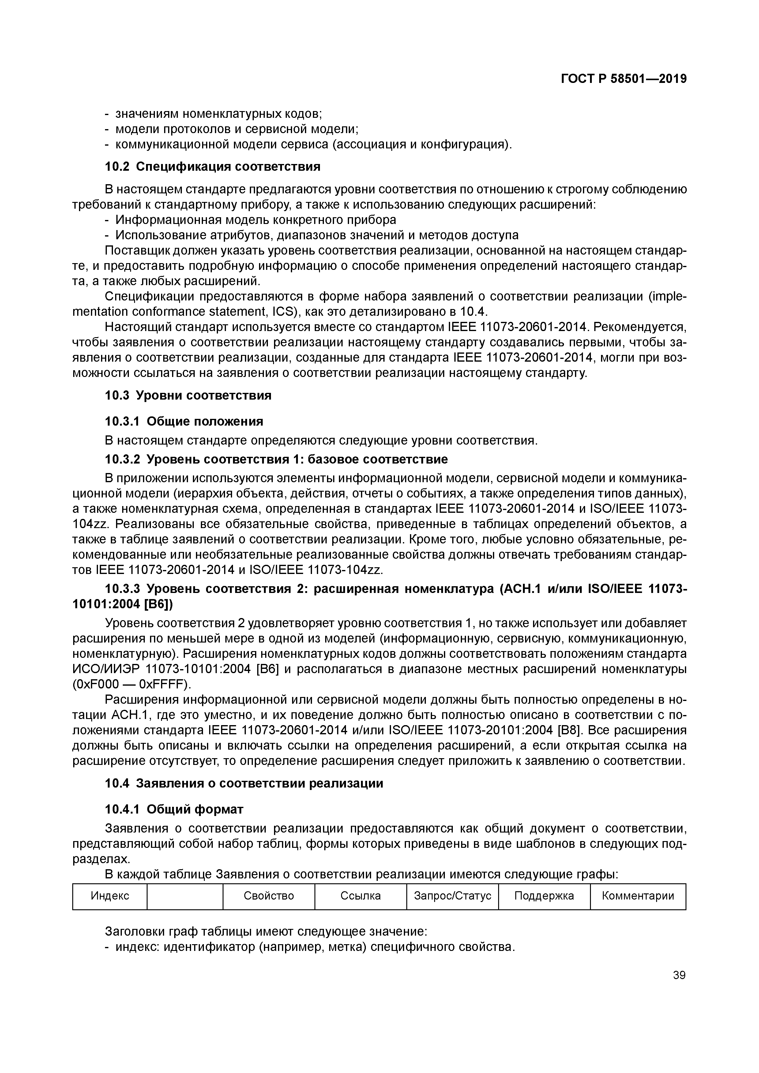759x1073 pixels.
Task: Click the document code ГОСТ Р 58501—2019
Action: [624, 79]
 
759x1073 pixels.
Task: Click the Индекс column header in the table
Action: [110, 896]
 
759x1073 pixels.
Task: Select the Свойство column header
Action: [269, 896]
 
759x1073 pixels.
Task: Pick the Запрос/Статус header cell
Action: [452, 896]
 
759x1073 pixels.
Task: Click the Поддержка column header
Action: [544, 896]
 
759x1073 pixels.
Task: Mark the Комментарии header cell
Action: [638, 896]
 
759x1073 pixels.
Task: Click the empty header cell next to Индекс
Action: [185, 896]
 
